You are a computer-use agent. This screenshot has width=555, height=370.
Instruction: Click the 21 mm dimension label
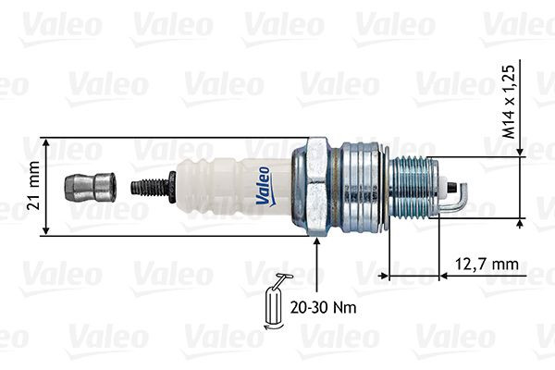coord(33,188)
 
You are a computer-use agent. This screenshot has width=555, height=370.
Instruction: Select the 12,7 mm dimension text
coord(487,265)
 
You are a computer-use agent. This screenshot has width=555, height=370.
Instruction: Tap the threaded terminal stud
coord(148,187)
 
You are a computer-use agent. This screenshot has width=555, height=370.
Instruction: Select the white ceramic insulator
coord(231,186)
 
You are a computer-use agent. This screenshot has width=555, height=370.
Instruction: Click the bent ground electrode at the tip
coord(458,199)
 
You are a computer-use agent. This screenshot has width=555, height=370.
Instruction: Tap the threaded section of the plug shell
coord(413,186)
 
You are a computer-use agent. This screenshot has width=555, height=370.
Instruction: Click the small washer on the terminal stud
coord(173,187)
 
